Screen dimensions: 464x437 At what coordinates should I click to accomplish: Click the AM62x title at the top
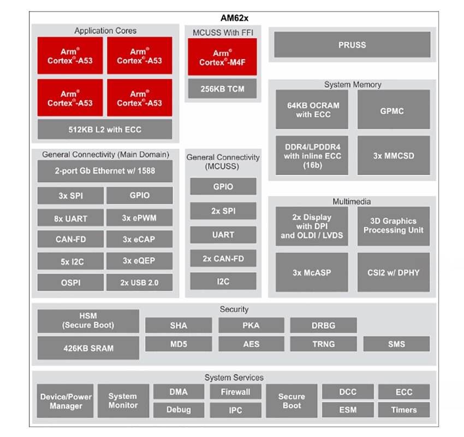234,18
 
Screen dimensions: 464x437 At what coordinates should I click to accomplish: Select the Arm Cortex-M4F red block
222,57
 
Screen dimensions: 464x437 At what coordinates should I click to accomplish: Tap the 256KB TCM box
222,89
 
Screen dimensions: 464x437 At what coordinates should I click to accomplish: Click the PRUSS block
352,45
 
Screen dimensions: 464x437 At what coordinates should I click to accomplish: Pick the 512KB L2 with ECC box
105,129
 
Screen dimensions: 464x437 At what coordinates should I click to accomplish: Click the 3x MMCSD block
394,155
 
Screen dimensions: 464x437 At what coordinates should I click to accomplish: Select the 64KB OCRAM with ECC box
312,110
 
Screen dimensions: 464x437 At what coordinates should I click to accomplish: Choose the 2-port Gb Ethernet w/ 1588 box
105,171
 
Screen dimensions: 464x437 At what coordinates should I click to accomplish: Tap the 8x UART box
70,218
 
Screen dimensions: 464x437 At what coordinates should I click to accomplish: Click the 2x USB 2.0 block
139,282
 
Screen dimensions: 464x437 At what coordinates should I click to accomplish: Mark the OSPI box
70,282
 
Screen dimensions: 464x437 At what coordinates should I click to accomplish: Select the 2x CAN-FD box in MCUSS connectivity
223,259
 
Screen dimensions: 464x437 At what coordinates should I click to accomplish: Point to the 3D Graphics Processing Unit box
394,226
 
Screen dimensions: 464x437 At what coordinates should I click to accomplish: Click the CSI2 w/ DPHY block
394,272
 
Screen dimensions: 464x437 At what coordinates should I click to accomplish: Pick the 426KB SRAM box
88,348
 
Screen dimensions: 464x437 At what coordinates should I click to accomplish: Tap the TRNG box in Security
324,344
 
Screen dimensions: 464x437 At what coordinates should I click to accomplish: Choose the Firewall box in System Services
236,392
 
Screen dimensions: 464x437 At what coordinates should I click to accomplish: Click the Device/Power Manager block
66,401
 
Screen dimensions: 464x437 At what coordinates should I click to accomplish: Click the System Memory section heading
353,84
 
